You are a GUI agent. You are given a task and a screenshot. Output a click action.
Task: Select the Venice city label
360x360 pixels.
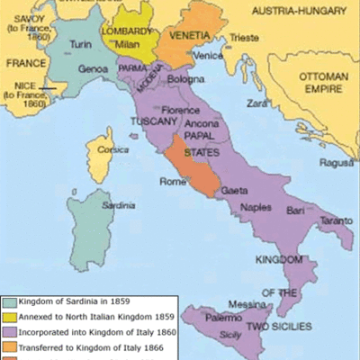click(207, 55)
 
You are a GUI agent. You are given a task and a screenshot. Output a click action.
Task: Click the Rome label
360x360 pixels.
click(172, 183)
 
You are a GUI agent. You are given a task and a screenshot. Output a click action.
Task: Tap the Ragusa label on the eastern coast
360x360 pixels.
click(337, 163)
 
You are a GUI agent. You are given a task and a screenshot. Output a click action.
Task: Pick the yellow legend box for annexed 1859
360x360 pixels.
click(10, 317)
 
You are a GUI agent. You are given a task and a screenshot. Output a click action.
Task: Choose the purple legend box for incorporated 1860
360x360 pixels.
click(10, 331)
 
